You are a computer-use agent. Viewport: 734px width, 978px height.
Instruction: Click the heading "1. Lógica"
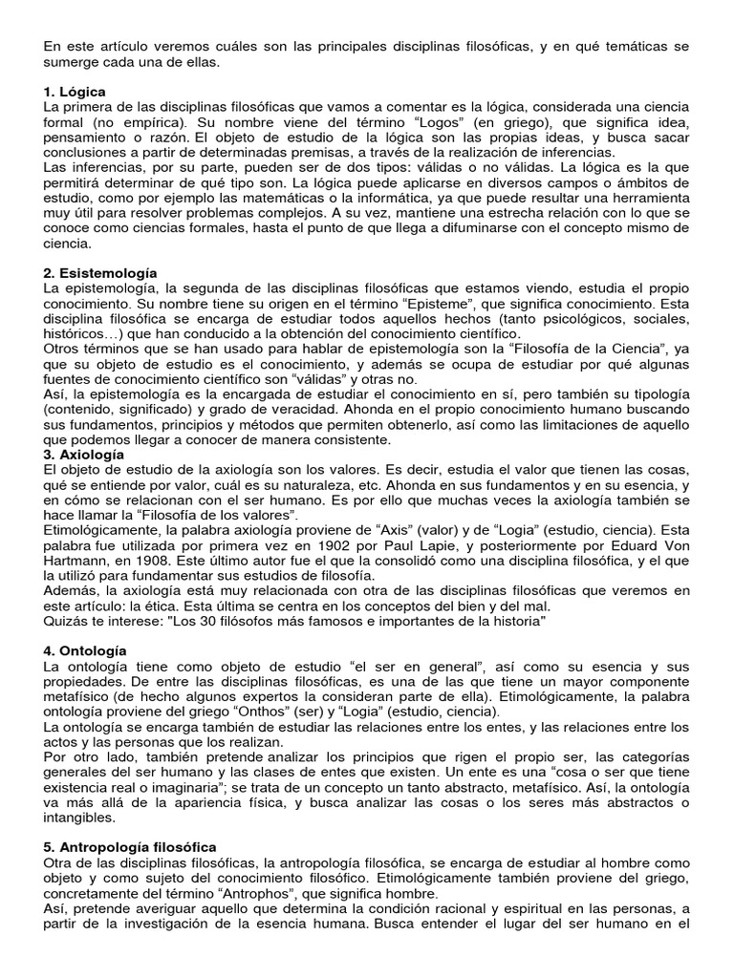(x=75, y=92)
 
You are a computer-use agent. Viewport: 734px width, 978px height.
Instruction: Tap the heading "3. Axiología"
(x=84, y=455)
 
